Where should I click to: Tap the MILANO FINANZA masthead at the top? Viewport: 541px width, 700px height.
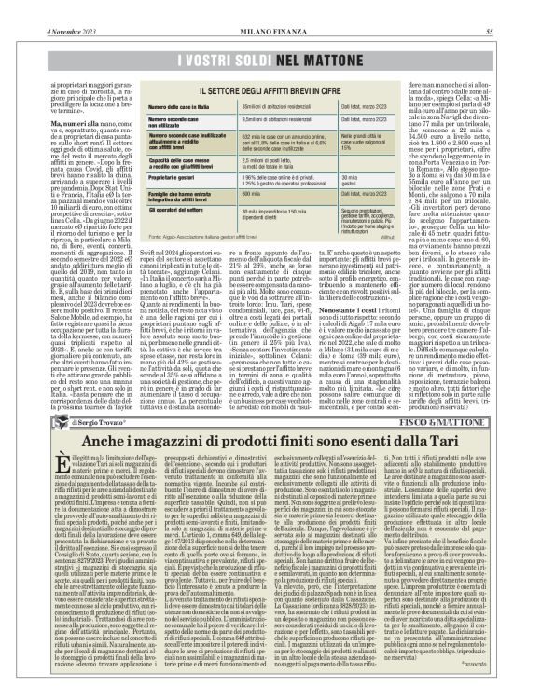pos(270,7)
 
